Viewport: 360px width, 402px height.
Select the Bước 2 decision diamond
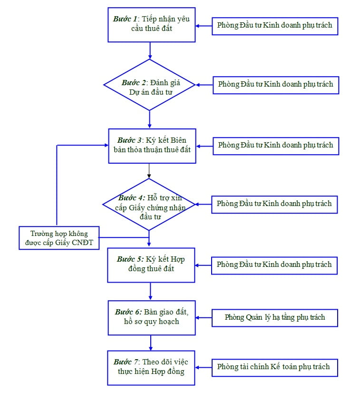pyautogui.click(x=150, y=85)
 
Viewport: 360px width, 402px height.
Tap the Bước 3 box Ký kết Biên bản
pyautogui.click(x=152, y=146)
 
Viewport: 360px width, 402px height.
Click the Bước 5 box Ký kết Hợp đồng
pyautogui.click(x=151, y=265)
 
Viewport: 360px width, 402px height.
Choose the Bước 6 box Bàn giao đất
pyautogui.click(x=151, y=316)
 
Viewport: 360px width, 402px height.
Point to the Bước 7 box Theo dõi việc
pyautogui.click(x=151, y=368)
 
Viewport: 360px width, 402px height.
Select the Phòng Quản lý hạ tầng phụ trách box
pyautogui.click(x=275, y=317)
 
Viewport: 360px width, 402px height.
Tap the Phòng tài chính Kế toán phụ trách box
pyautogui.click(x=274, y=367)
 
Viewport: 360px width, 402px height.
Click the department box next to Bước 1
pyautogui.click(x=275, y=25)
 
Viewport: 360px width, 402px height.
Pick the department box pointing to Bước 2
pyautogui.click(x=275, y=84)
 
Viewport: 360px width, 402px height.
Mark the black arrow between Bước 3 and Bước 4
pyautogui.click(x=149, y=170)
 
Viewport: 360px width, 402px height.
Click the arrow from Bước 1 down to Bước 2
pyautogui.click(x=150, y=50)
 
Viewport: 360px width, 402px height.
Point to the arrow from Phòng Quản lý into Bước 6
pyautogui.click(x=204, y=316)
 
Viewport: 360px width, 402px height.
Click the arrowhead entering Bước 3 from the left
pyautogui.click(x=106, y=145)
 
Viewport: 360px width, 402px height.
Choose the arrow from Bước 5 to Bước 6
pyautogui.click(x=151, y=291)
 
